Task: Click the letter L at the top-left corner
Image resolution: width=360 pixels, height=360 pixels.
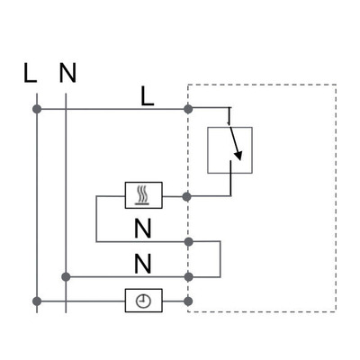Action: (x=31, y=74)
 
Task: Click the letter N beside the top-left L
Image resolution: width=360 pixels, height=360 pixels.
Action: (x=66, y=74)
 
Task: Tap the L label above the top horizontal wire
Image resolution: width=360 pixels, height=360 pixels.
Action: (x=148, y=95)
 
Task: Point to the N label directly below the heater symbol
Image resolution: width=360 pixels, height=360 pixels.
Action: (x=142, y=227)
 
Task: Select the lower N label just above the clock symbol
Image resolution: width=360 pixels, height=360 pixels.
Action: (x=142, y=264)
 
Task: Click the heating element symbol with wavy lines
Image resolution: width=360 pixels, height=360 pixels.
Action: (x=143, y=194)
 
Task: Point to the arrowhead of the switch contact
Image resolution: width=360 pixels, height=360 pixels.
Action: (x=238, y=162)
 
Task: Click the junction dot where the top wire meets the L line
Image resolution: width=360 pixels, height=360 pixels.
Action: (x=37, y=109)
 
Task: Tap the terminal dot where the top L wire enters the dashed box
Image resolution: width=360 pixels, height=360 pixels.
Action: (x=188, y=109)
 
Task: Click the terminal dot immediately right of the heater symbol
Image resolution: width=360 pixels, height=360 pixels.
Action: (x=188, y=194)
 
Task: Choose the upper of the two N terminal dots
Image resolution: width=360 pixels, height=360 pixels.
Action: (x=188, y=241)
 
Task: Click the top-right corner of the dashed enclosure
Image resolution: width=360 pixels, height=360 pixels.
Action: (x=337, y=86)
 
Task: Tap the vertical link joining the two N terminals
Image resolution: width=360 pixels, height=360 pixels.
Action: (x=220, y=259)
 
